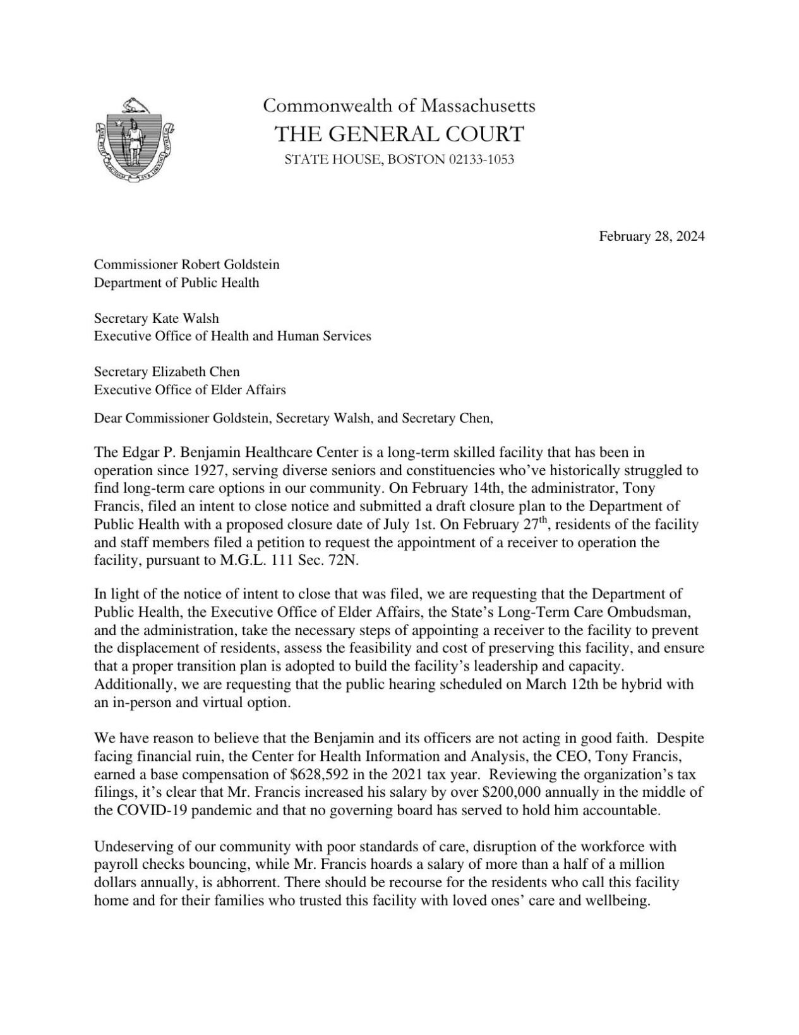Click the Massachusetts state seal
[136, 137]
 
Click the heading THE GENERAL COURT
[399, 134]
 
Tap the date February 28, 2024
[651, 236]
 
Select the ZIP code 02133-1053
[481, 159]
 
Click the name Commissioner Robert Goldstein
[187, 264]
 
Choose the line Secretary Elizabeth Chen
[167, 372]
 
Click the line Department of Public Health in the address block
[176, 282]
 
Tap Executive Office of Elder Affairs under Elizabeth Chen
[189, 390]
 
